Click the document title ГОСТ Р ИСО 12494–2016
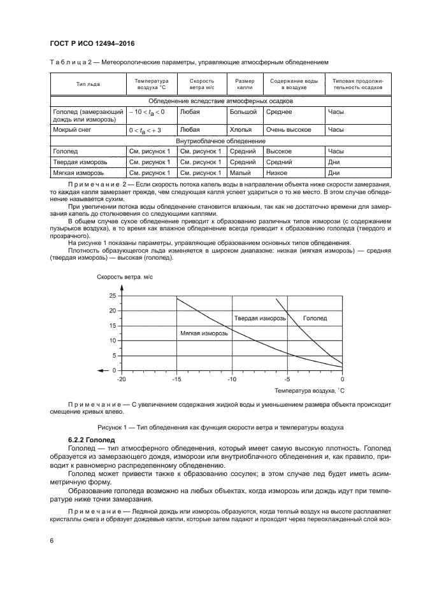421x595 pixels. (x=91, y=43)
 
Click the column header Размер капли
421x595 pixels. (x=245, y=84)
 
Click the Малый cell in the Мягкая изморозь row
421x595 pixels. (x=241, y=172)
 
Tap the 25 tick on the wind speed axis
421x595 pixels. (x=113, y=296)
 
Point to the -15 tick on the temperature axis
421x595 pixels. (x=176, y=379)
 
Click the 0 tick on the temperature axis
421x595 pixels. (x=343, y=379)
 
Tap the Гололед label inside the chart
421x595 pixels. (x=315, y=318)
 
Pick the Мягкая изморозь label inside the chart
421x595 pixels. (x=201, y=333)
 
